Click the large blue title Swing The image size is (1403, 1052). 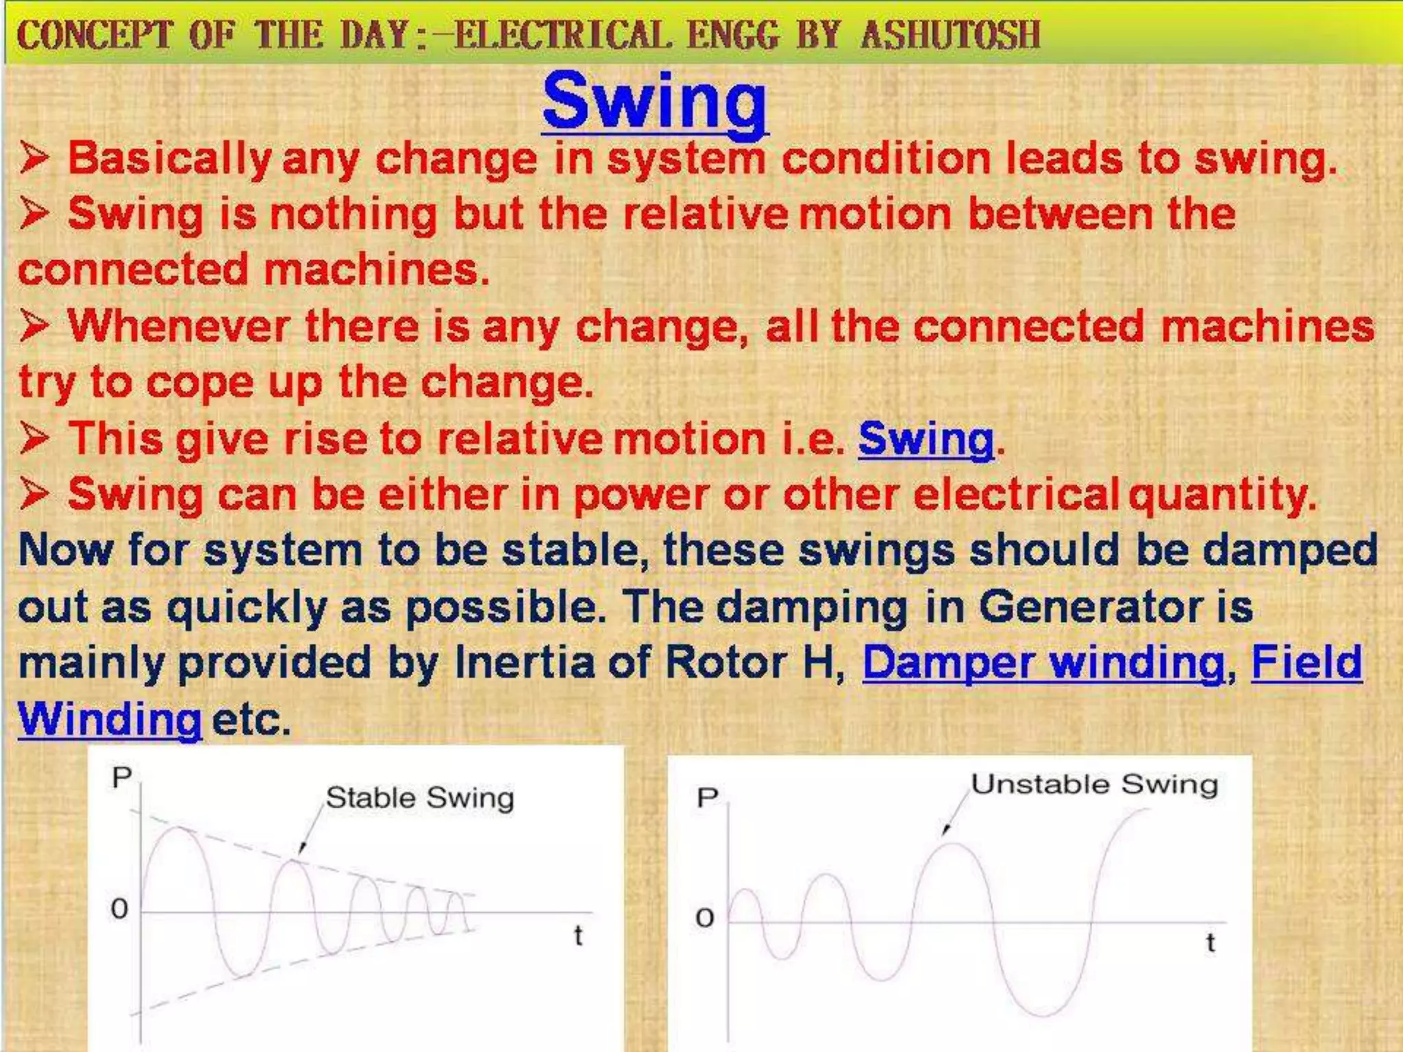654,101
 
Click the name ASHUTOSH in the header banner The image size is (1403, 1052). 950,34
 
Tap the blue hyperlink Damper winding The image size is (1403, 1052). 1043,662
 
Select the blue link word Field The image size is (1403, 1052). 1306,662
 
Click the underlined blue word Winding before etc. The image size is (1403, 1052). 110,719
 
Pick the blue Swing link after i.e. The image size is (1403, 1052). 926,438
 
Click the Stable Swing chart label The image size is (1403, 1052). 419,798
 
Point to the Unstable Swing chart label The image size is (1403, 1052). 1094,784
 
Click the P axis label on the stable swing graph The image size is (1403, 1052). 122,777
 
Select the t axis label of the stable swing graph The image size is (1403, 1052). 578,936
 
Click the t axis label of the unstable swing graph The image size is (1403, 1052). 1210,943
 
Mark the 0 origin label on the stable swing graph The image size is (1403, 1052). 119,910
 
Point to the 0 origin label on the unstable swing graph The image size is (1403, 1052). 704,918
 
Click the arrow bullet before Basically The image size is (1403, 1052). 34,158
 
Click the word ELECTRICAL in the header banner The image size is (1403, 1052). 562,34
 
